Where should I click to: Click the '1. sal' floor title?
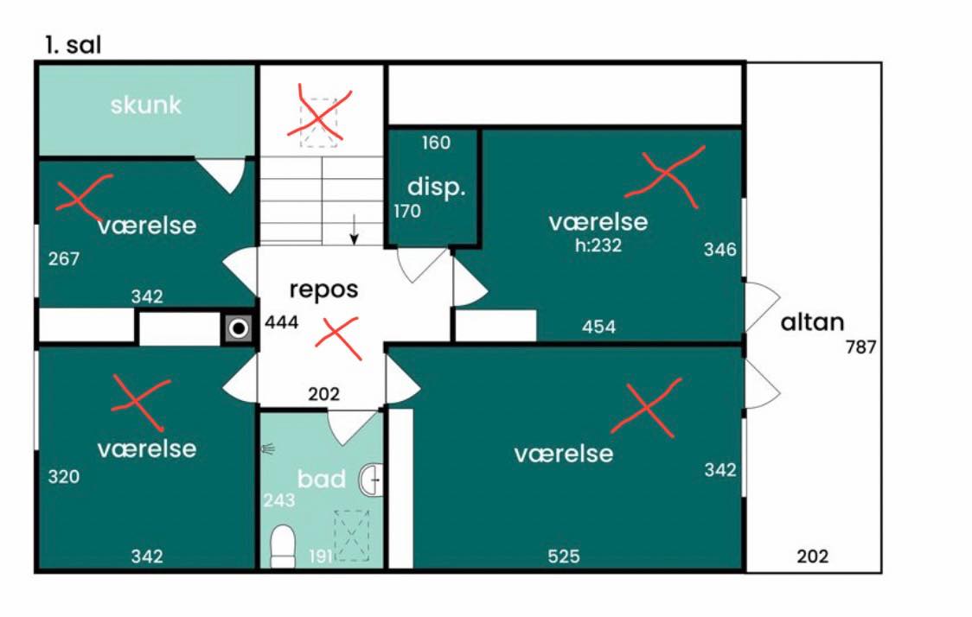pyautogui.click(x=73, y=45)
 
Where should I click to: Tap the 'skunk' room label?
pyautogui.click(x=145, y=105)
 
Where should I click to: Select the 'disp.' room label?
pyautogui.click(x=436, y=187)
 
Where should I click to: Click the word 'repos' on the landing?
pyautogui.click(x=323, y=289)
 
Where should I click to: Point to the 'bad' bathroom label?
pyautogui.click(x=321, y=479)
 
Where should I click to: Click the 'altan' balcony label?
pyautogui.click(x=812, y=322)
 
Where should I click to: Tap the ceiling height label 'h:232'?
pyautogui.click(x=598, y=245)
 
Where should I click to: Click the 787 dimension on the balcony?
pyautogui.click(x=861, y=347)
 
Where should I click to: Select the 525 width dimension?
pyautogui.click(x=564, y=557)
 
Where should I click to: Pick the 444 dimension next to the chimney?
pyautogui.click(x=281, y=322)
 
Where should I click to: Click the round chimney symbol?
pyautogui.click(x=238, y=328)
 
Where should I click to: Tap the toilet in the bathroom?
pyautogui.click(x=284, y=546)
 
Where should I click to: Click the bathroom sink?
pyautogui.click(x=371, y=480)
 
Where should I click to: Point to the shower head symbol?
pyautogui.click(x=268, y=448)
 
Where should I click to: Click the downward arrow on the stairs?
pyautogui.click(x=354, y=229)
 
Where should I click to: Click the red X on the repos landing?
pyautogui.click(x=338, y=338)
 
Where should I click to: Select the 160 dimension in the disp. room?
pyautogui.click(x=436, y=143)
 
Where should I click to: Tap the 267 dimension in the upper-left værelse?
pyautogui.click(x=64, y=258)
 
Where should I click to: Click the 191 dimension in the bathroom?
pyautogui.click(x=321, y=557)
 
